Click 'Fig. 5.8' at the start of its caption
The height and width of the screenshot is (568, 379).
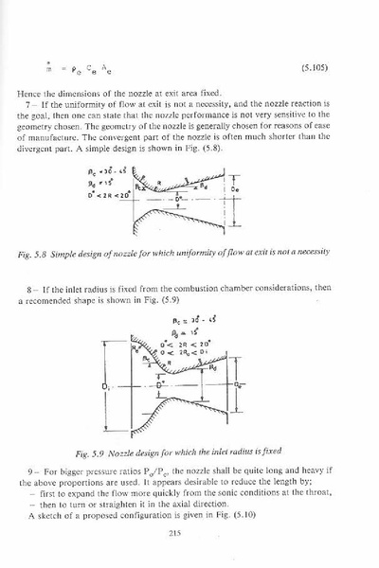[40, 255]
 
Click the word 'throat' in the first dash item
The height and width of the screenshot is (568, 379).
[334, 494]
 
